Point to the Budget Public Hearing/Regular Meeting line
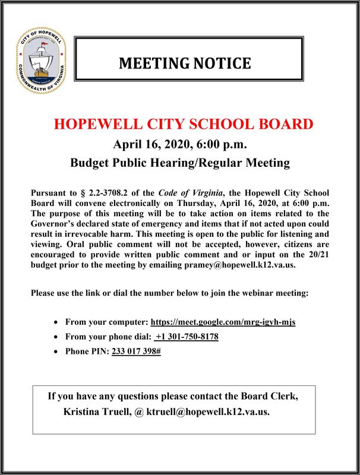click(179, 162)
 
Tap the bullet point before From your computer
click(56, 322)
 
